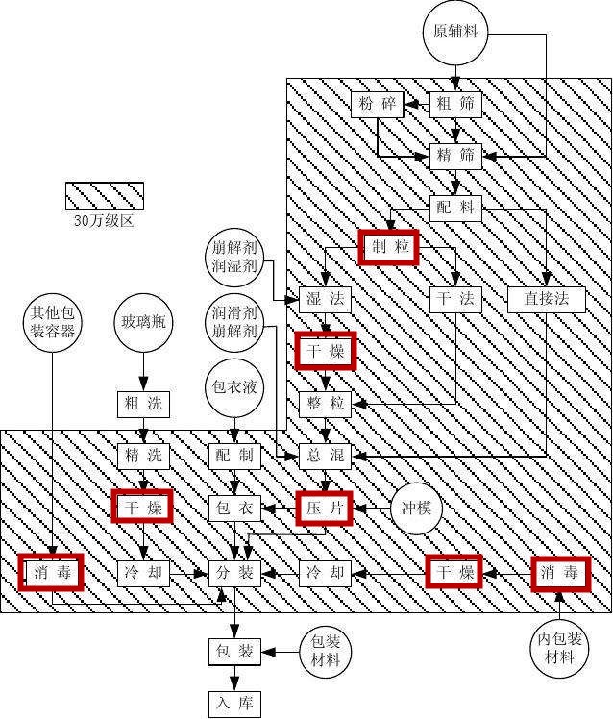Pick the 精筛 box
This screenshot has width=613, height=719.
[455, 155]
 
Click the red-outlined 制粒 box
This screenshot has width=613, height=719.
[387, 248]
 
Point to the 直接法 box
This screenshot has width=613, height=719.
[547, 299]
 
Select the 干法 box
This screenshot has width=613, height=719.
[455, 299]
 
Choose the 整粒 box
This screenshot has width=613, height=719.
[325, 404]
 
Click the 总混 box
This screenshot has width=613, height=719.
[325, 455]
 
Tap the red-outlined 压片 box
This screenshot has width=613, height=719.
[325, 507]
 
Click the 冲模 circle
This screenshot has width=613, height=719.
[416, 507]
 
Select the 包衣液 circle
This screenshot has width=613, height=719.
[234, 388]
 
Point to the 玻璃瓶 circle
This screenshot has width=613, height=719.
[143, 321]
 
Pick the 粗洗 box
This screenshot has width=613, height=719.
[143, 404]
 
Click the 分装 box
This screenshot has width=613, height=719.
[234, 574]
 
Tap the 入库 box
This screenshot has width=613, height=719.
[234, 704]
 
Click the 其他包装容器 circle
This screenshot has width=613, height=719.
[52, 321]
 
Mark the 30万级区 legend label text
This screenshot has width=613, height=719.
[104, 220]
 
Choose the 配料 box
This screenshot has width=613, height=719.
[455, 207]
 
